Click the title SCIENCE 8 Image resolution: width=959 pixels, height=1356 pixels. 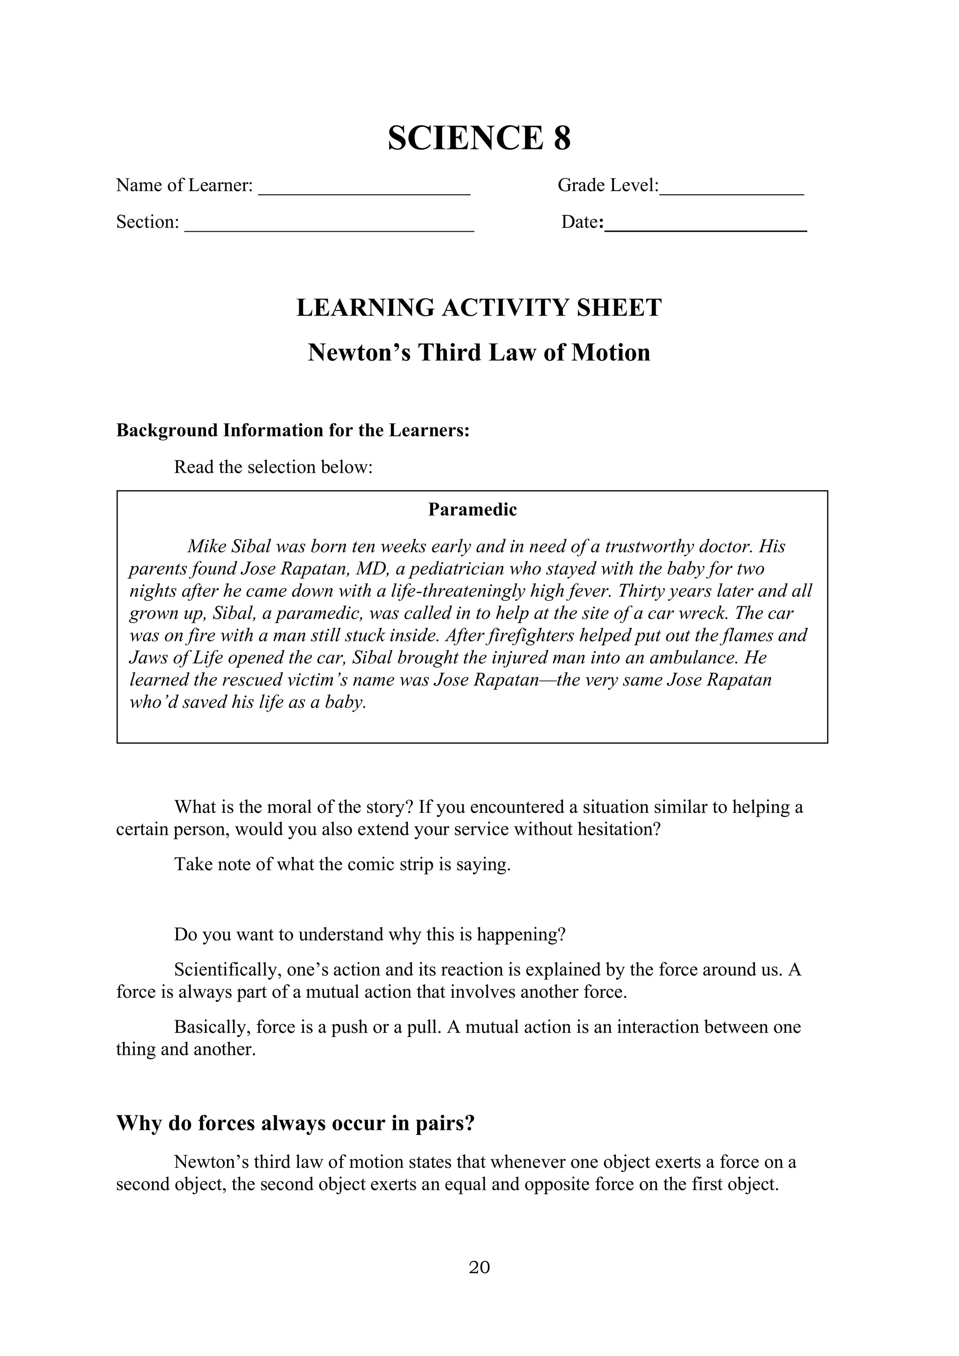(x=479, y=138)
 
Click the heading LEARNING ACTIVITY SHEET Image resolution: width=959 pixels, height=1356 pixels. (x=479, y=308)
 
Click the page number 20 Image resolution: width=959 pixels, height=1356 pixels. (x=479, y=1267)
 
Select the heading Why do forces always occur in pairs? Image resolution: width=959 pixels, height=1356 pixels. (x=295, y=1123)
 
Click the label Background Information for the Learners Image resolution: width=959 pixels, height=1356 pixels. (x=292, y=430)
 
